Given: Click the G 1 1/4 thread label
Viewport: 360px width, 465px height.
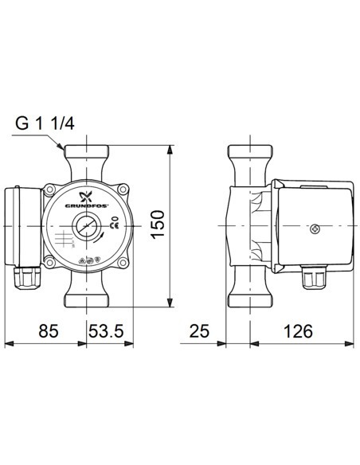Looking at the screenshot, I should point(47,124).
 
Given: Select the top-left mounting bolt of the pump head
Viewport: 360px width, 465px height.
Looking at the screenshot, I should point(51,191).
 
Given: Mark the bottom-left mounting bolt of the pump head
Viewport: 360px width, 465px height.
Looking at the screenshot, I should point(51,263).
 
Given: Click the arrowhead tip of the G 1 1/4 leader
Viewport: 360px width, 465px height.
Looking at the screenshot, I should point(65,150).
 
